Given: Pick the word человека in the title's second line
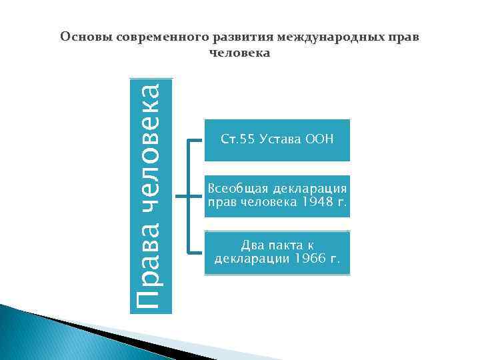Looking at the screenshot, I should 240,53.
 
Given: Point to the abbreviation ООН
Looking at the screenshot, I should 318,139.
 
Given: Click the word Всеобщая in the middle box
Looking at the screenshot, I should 234,189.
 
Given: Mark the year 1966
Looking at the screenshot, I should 310,258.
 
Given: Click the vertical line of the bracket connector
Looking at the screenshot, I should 189,197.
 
